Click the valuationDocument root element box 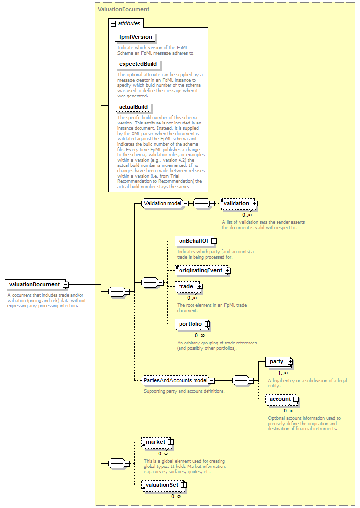coord(35,285)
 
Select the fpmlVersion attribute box coord(135,37)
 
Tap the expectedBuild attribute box coord(138,64)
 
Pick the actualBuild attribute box coord(133,107)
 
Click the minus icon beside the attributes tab coord(113,23)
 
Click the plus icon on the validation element coord(255,204)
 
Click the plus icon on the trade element coord(200,287)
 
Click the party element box coord(278,361)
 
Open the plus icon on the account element coord(296,399)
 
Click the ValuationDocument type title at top coord(124,9)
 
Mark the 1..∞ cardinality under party coord(283,373)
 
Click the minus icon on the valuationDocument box coord(66,285)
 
